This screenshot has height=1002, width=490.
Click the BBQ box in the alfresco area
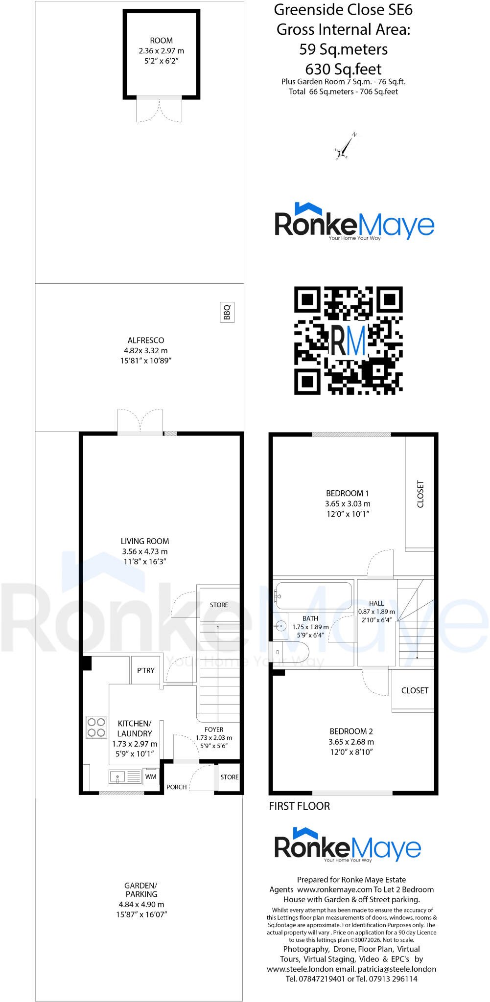click(227, 312)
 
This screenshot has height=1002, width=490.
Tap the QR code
click(348, 341)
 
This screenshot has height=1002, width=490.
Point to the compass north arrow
click(346, 146)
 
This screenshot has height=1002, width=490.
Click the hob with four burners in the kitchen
click(96, 727)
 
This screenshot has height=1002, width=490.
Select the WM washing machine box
click(151, 776)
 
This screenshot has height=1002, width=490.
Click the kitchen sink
click(125, 776)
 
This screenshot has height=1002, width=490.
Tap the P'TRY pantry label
click(146, 670)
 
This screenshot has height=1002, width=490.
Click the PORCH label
click(176, 787)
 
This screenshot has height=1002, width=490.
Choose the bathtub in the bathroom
click(314, 595)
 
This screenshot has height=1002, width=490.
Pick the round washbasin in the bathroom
click(281, 625)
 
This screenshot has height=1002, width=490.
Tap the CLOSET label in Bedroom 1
click(420, 494)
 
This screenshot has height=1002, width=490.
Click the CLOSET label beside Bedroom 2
click(415, 690)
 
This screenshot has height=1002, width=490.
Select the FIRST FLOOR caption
click(300, 806)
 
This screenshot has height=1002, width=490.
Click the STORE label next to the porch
click(229, 777)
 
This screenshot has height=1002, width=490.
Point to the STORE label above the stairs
click(219, 605)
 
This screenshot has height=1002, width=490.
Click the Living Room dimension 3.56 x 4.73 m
click(145, 551)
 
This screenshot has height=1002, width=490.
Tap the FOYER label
click(214, 729)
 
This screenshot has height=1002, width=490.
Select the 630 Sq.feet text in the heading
click(344, 68)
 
